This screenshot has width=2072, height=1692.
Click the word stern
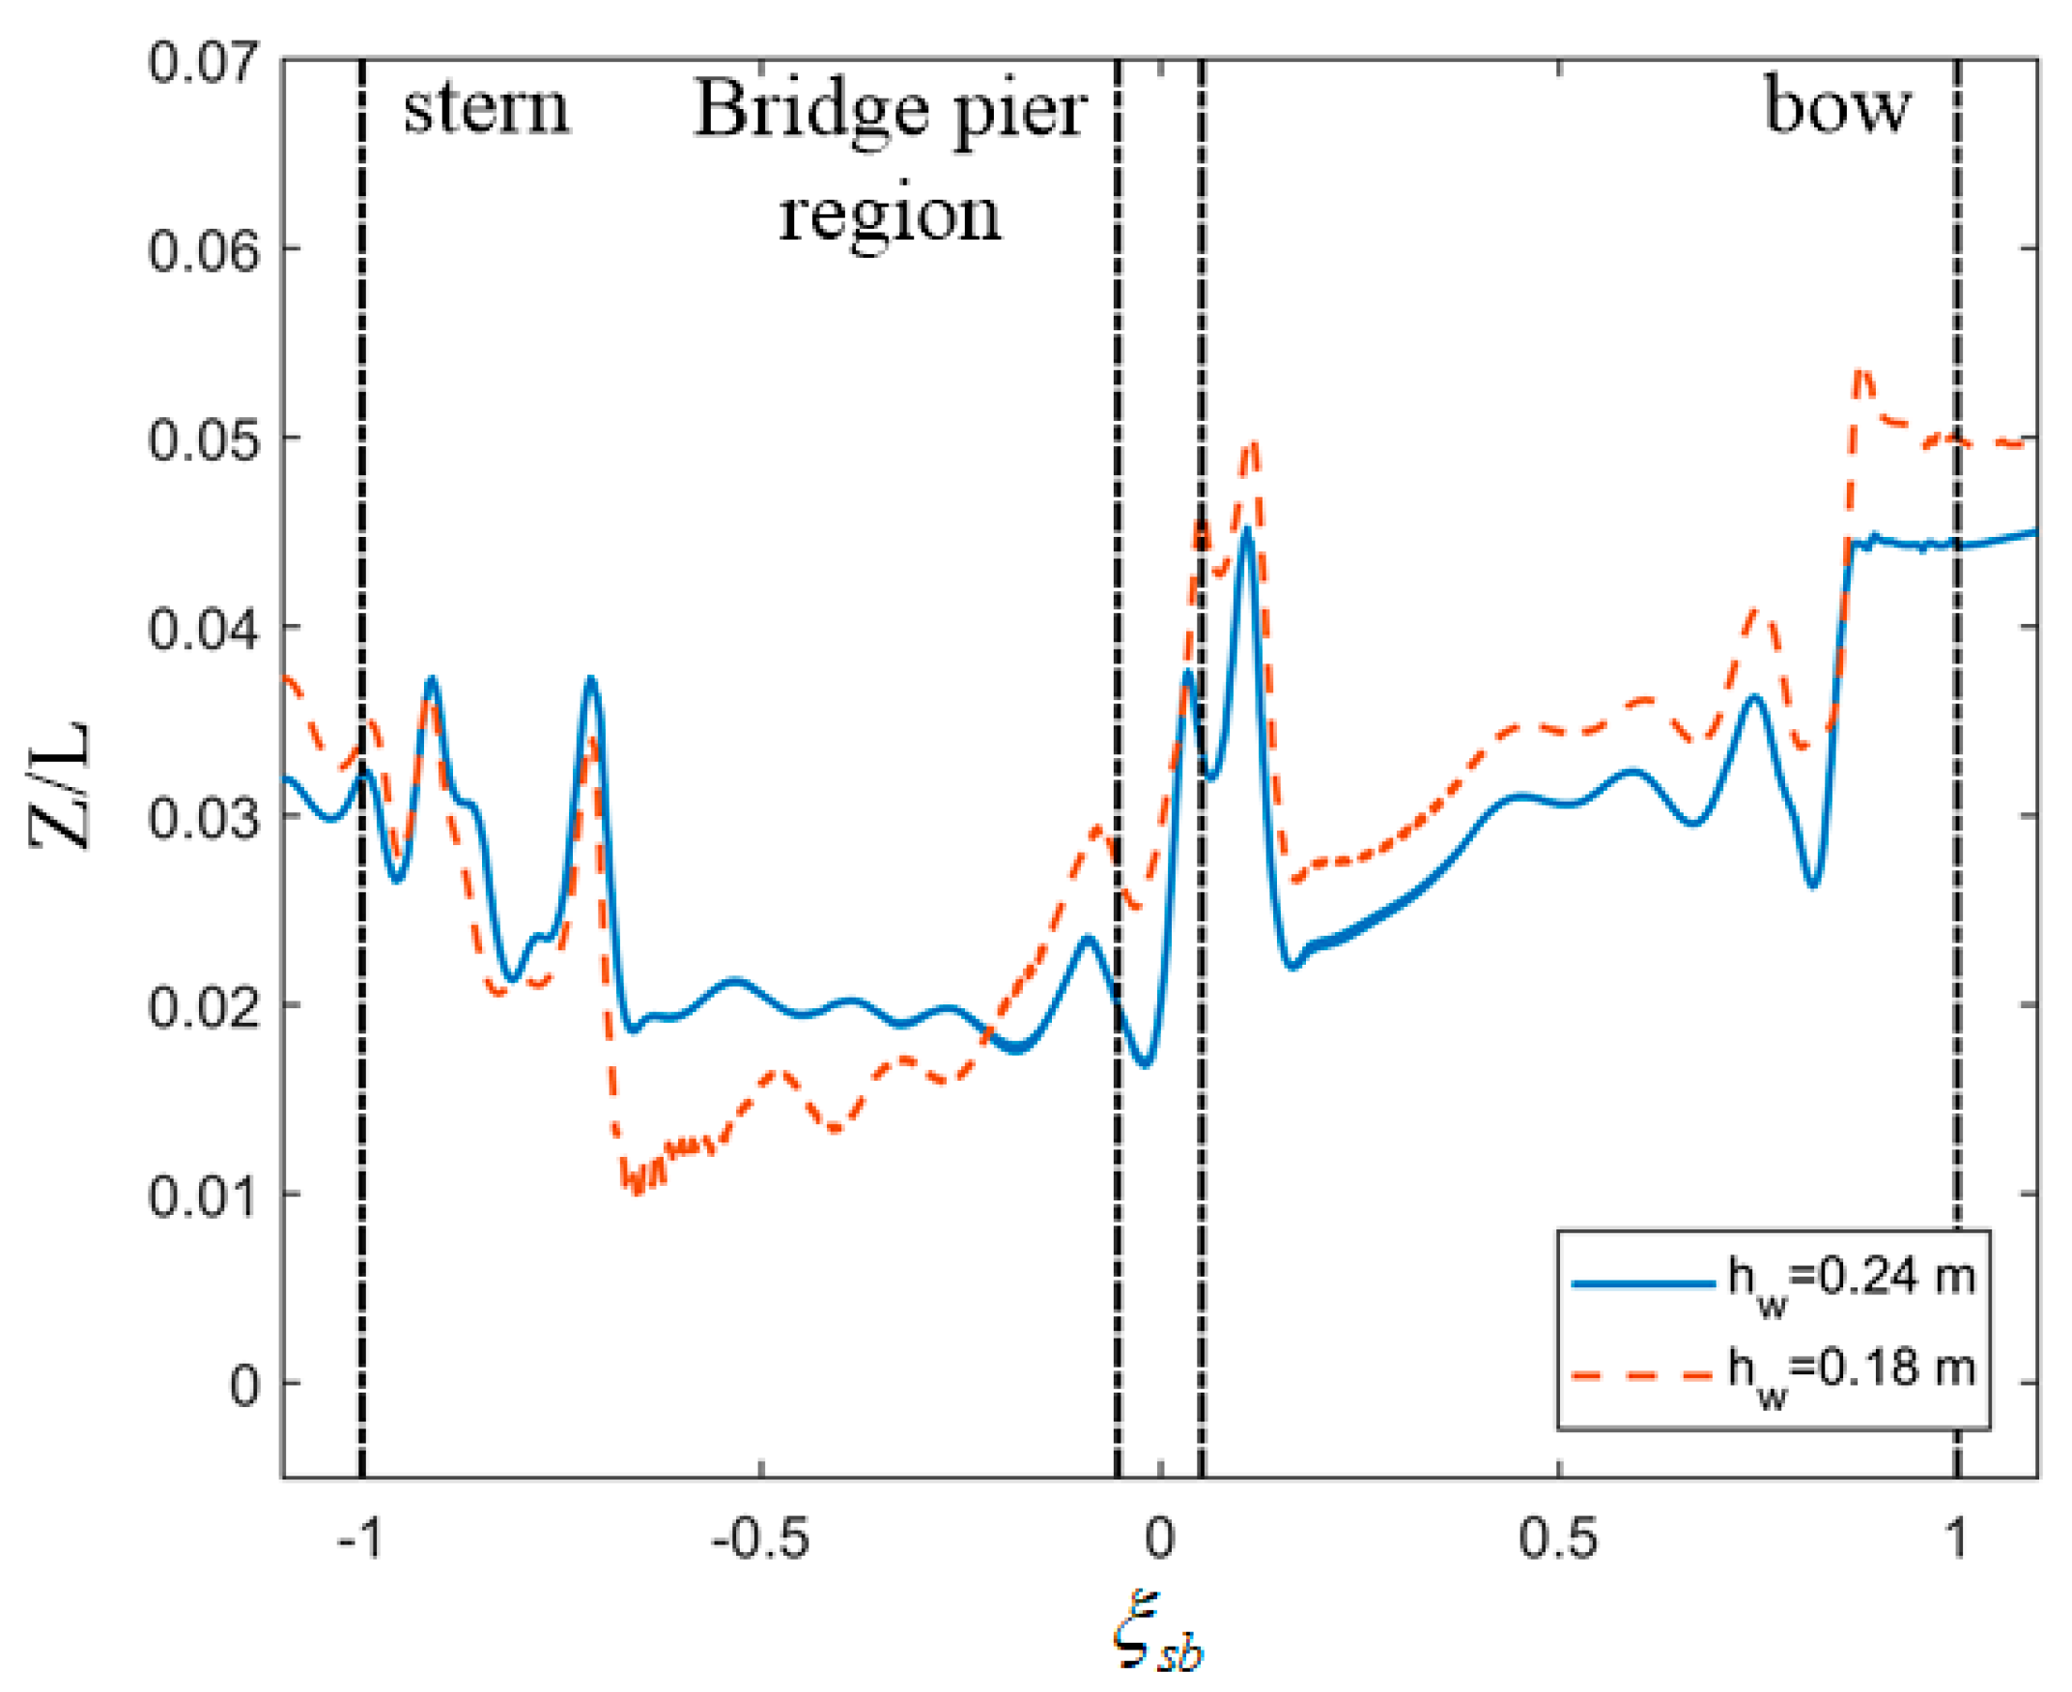[x=485, y=108]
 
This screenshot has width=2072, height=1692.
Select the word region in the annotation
[x=889, y=214]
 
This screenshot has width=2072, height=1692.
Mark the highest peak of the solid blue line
[x=1246, y=531]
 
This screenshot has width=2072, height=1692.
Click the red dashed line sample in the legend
[x=1643, y=1375]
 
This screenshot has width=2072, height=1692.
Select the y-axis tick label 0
[x=243, y=1384]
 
